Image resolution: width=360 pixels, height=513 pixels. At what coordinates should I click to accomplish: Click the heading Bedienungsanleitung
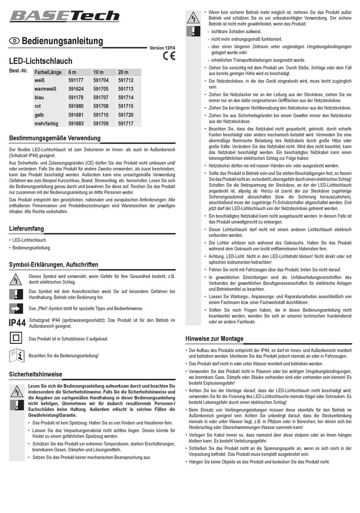[62, 41]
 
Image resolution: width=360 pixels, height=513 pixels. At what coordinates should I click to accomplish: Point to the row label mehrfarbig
[47, 123]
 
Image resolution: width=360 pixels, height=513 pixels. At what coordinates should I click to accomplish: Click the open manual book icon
[16, 355]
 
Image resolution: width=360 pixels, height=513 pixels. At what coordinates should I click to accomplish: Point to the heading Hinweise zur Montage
[214, 339]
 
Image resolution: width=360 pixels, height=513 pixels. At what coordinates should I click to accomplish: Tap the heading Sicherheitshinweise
[36, 374]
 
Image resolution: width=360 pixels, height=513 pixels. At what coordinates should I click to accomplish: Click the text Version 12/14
[163, 48]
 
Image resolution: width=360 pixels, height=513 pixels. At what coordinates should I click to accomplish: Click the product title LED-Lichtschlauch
[41, 61]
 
